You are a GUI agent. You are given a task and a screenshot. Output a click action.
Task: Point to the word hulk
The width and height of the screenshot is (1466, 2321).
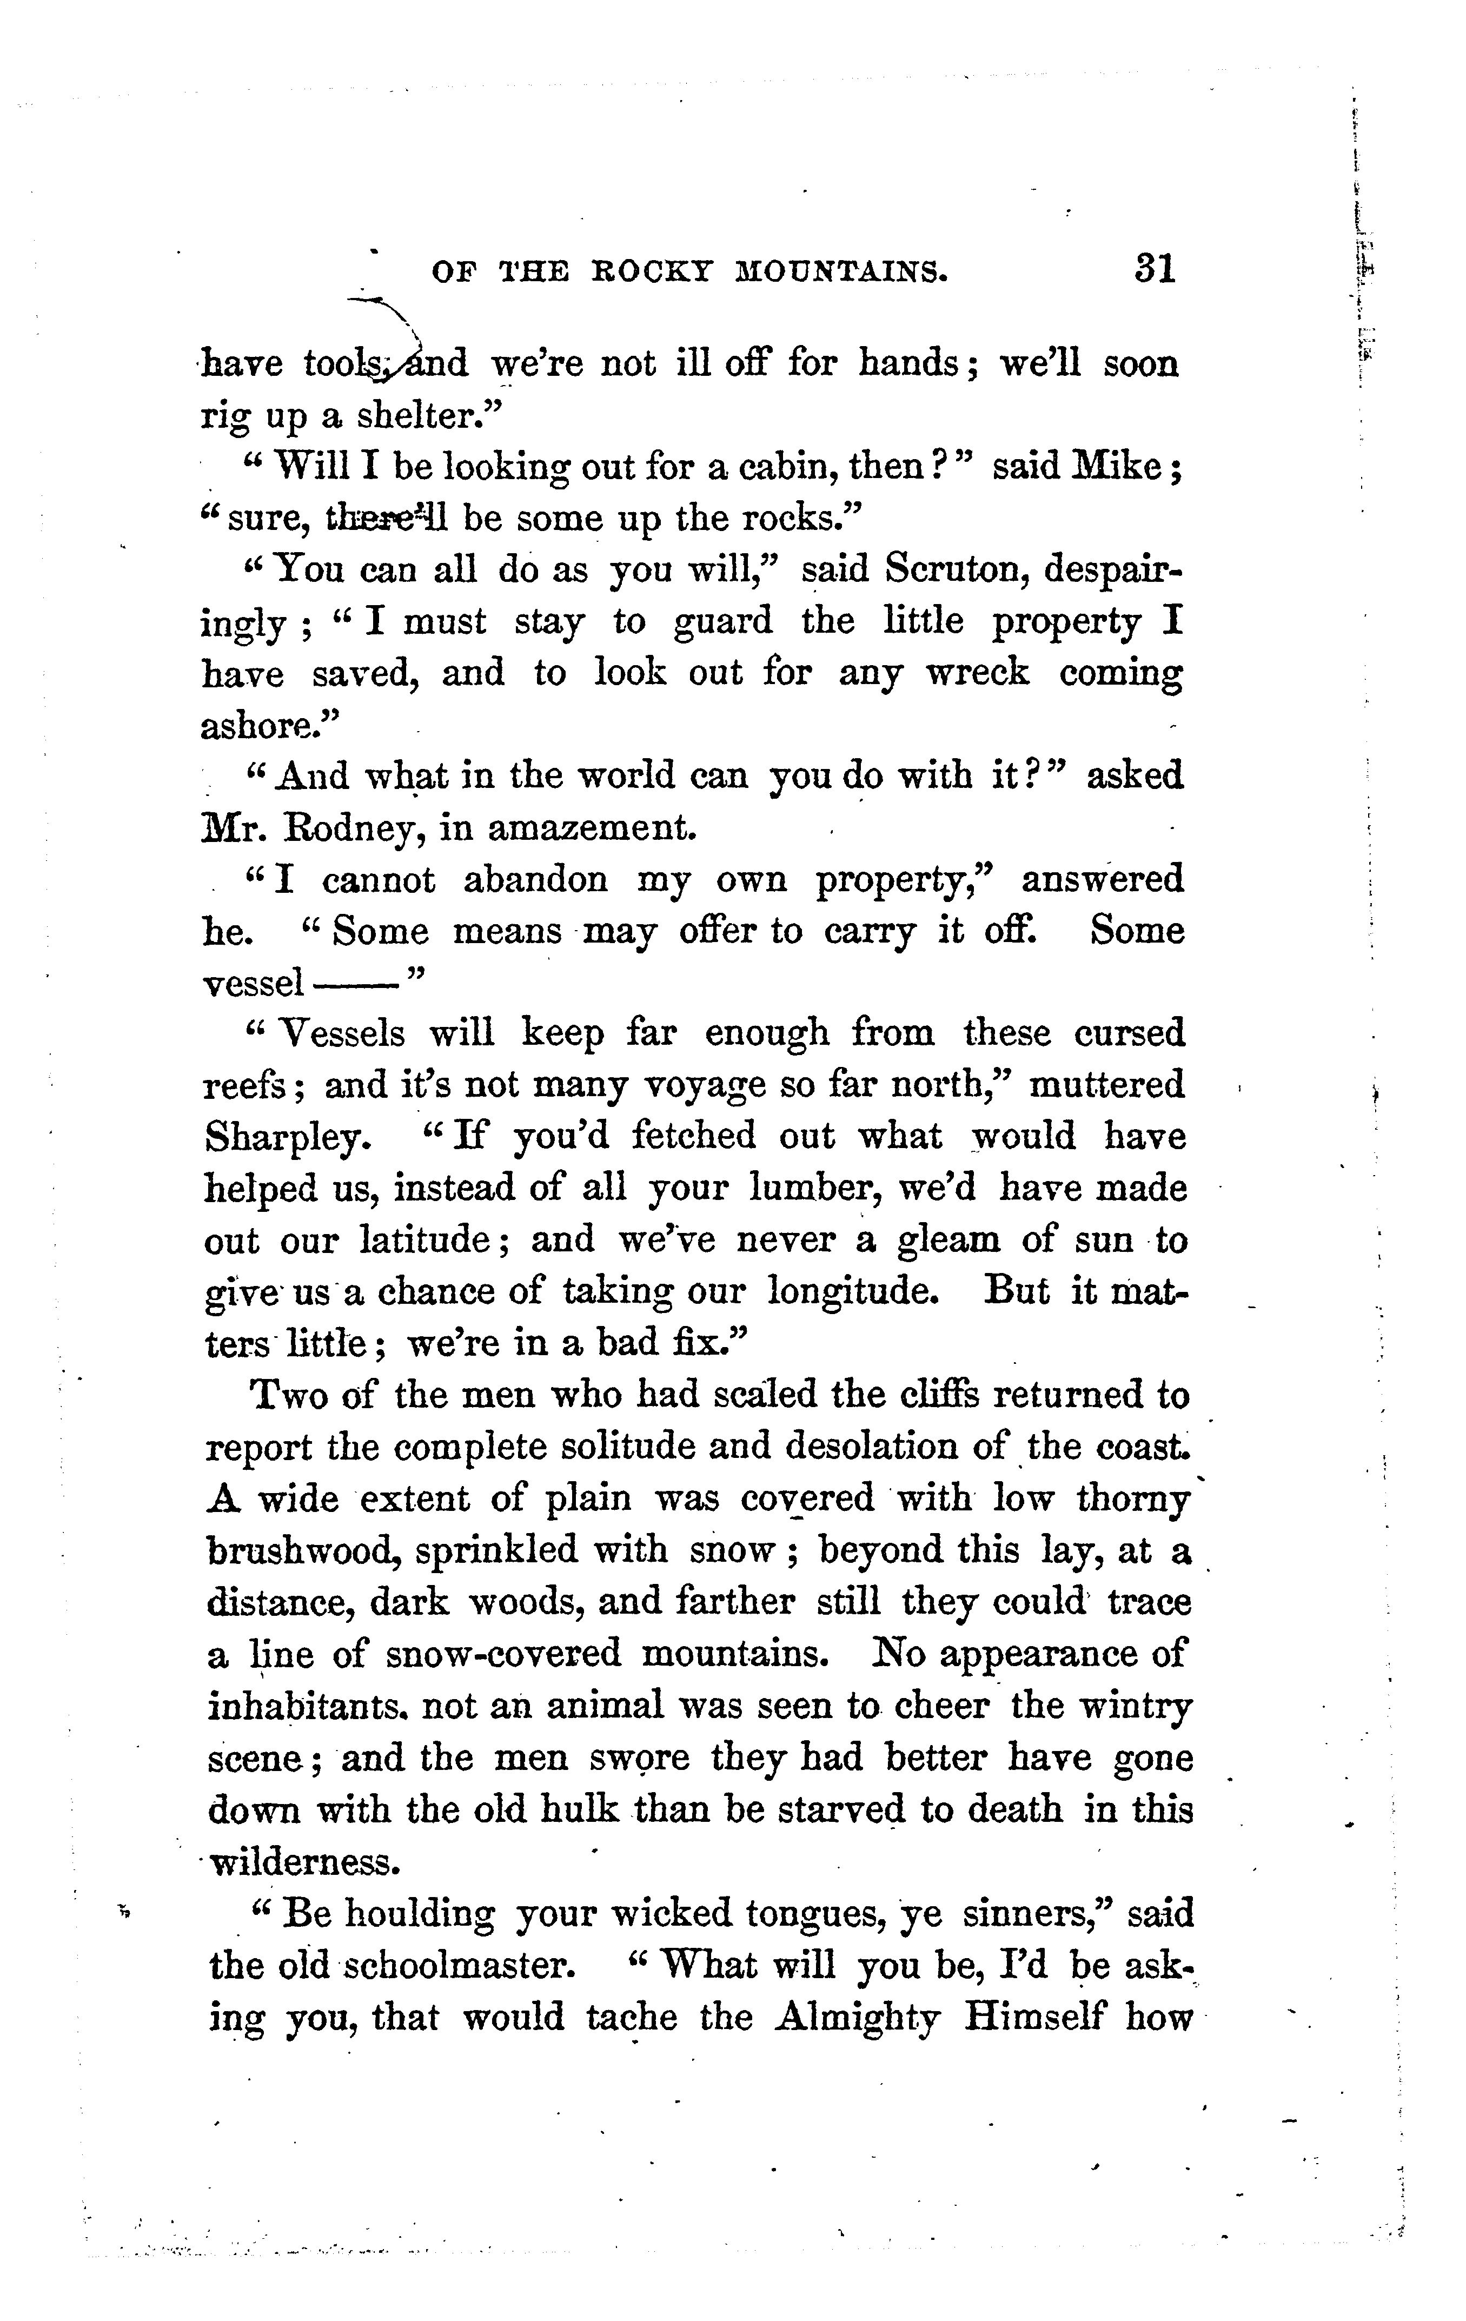tap(578, 1809)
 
